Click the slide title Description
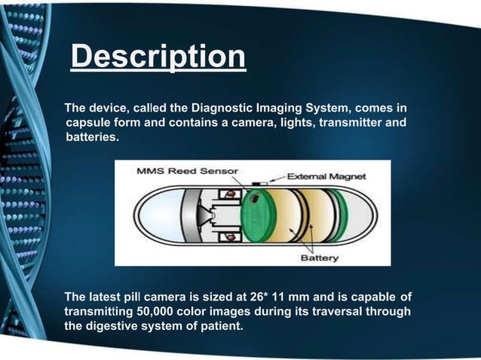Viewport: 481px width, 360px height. pyautogui.click(x=158, y=57)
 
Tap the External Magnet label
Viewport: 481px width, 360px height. pyautogui.click(x=327, y=176)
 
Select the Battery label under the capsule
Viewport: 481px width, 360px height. pyautogui.click(x=320, y=257)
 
